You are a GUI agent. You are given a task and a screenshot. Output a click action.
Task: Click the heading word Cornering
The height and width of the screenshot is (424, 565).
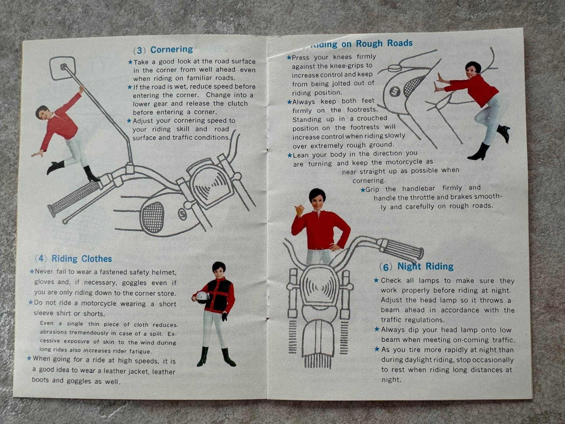tap(172, 50)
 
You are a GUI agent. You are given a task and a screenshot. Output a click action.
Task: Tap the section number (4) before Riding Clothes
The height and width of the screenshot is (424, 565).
tap(41, 258)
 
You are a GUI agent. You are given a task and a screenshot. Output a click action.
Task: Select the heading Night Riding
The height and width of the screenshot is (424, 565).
tap(425, 267)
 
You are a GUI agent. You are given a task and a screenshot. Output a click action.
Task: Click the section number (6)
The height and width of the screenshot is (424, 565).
tap(386, 267)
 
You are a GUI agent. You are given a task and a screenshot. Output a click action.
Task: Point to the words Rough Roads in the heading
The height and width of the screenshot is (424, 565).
tap(384, 43)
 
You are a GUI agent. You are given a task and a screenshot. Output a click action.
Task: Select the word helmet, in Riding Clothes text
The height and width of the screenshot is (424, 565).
tap(164, 272)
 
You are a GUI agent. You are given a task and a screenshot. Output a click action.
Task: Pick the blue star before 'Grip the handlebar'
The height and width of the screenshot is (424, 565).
tap(363, 190)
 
